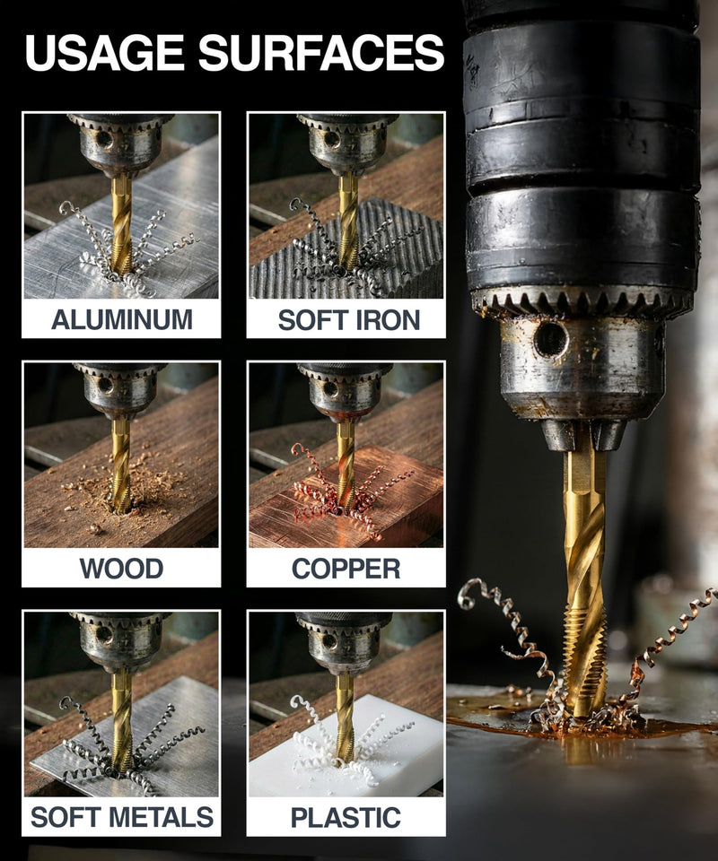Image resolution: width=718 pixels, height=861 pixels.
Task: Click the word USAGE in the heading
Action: click(x=104, y=53)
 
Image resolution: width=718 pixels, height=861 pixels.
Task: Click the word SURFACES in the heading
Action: click(x=321, y=53)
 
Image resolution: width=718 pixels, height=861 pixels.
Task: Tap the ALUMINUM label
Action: click(x=122, y=319)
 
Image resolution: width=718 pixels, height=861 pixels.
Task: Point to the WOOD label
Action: click(x=121, y=569)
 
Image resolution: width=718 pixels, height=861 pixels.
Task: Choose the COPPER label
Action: click(x=346, y=569)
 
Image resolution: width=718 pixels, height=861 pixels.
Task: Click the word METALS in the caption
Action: click(x=161, y=817)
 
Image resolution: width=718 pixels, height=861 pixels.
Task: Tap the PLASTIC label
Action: click(x=346, y=818)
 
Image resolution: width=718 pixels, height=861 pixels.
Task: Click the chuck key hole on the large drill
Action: click(x=551, y=339)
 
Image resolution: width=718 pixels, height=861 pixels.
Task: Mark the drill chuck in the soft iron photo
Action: click(x=347, y=143)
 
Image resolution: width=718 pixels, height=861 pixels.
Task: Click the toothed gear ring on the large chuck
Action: click(x=582, y=302)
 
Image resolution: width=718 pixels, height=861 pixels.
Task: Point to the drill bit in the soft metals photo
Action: click(x=121, y=719)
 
